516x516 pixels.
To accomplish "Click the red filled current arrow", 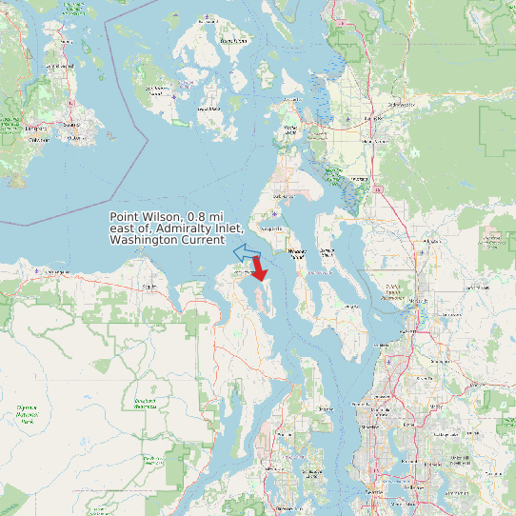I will click(259, 270).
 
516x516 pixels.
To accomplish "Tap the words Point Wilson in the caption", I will click(148, 217).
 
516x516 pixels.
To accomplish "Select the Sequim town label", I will click(149, 285).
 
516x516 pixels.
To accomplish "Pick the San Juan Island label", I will click(157, 90).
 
